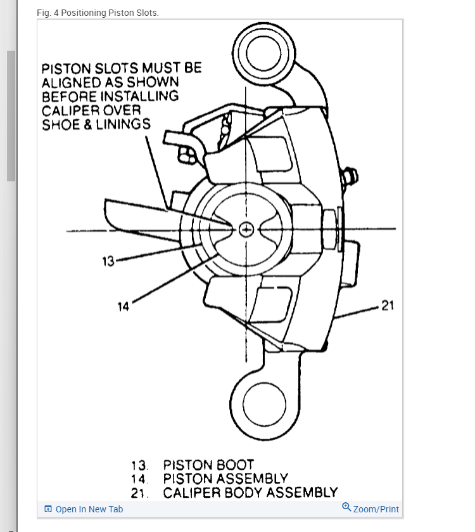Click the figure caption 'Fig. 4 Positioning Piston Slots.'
click(98, 13)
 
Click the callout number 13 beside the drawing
click(108, 261)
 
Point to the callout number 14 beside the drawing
click(123, 307)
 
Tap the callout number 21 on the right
click(388, 306)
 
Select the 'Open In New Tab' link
click(89, 509)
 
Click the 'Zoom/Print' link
click(376, 509)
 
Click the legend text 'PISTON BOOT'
click(208, 465)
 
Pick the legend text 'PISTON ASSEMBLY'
click(225, 479)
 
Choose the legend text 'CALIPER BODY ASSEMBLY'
click(250, 493)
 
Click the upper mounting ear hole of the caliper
click(260, 54)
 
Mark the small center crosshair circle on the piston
click(247, 229)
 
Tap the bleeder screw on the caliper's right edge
click(350, 176)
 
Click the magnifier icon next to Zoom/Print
click(346, 507)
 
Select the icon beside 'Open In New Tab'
click(48, 509)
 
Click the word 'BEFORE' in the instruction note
click(70, 96)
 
